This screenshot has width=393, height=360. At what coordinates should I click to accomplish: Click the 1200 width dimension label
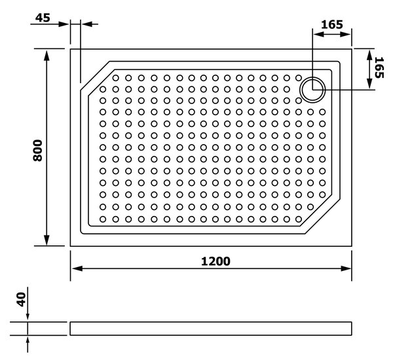click(x=215, y=261)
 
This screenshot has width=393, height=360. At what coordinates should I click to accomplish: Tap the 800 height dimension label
click(x=38, y=151)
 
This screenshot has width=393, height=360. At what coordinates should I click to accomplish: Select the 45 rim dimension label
click(x=43, y=18)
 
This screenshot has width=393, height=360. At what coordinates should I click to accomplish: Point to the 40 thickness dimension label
click(x=22, y=299)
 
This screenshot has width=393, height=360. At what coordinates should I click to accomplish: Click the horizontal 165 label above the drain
click(x=332, y=25)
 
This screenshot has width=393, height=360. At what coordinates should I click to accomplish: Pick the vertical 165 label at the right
click(x=379, y=67)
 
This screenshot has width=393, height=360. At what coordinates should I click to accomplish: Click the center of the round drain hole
click(x=312, y=90)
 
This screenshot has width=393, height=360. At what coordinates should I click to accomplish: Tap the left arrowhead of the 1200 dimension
click(x=77, y=268)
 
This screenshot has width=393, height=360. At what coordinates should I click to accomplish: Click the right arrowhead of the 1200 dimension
click(x=346, y=268)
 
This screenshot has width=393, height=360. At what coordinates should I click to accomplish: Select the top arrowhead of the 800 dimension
click(x=47, y=56)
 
